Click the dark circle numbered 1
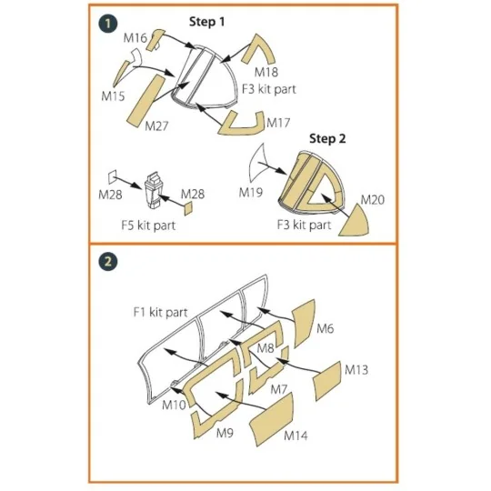click(108, 24)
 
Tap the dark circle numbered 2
click(108, 262)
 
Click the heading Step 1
click(206, 22)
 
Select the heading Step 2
click(327, 138)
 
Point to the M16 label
click(135, 38)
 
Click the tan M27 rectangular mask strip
click(145, 101)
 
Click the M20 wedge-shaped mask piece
click(356, 223)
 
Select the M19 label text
click(251, 192)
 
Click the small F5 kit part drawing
click(155, 190)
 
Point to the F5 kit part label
click(148, 225)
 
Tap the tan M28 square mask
click(188, 209)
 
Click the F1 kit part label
click(160, 312)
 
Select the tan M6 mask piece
click(304, 323)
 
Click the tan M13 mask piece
click(327, 381)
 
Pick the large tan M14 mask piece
click(272, 419)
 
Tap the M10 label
click(174, 405)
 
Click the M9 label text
click(225, 433)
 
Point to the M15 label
click(113, 95)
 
